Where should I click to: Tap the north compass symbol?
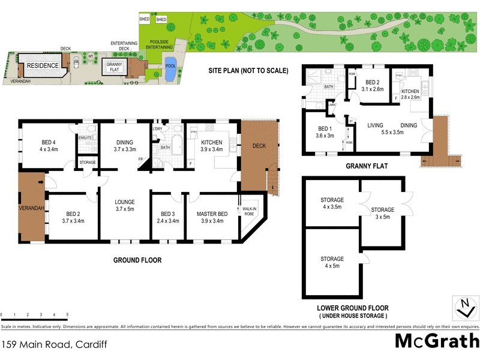(463, 307)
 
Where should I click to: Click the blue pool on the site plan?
(170, 72)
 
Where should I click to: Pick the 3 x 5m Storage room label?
(382, 213)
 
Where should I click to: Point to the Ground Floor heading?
(137, 260)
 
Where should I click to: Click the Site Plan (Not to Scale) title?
(248, 70)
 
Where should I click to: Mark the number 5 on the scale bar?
(67, 314)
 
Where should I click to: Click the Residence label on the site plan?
(42, 65)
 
